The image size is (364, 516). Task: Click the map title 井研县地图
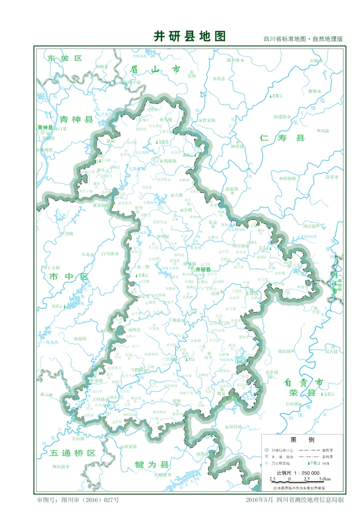190,36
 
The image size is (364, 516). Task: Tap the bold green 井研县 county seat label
203,269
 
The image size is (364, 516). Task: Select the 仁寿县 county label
283,138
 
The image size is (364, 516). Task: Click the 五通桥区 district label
73,453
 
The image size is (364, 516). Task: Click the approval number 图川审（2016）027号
85,500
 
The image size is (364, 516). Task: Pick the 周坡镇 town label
169,161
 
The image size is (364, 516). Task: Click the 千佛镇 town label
177,320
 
